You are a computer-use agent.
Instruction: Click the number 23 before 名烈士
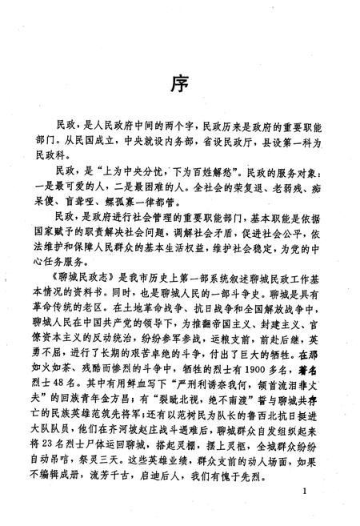click(x=70, y=427)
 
